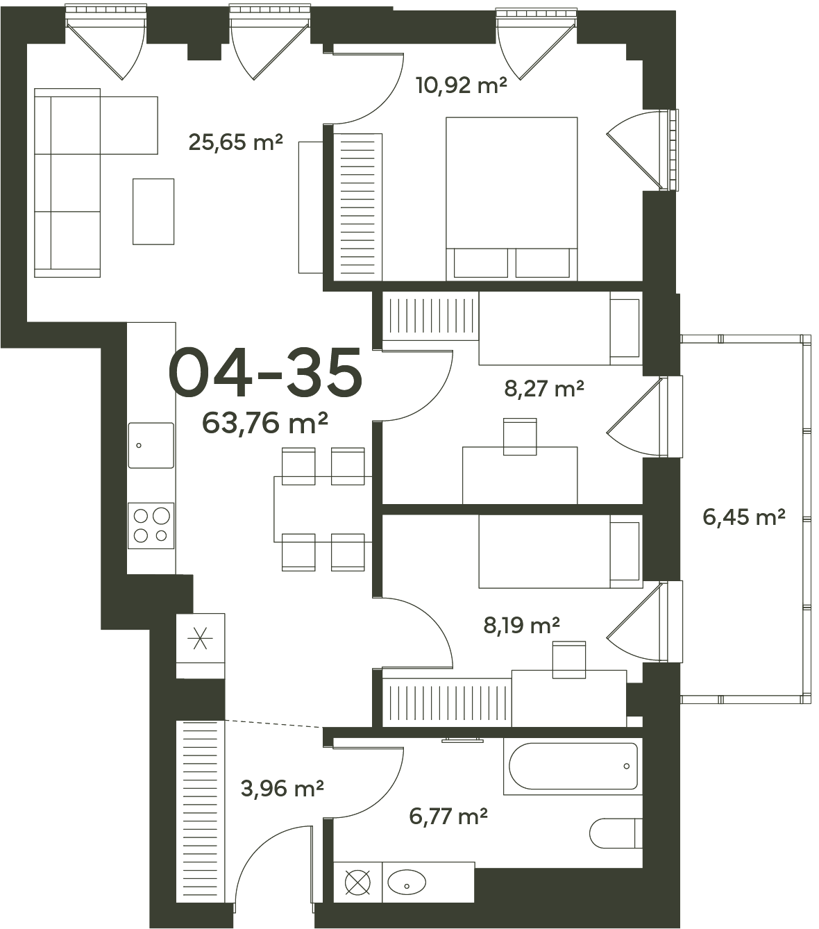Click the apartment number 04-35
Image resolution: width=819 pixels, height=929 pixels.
[265, 372]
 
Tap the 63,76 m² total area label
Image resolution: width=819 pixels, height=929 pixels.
[265, 423]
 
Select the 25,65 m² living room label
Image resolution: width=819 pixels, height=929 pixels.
[235, 142]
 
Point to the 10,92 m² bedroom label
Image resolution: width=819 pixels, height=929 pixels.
[462, 85]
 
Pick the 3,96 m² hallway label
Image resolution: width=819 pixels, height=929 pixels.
[282, 788]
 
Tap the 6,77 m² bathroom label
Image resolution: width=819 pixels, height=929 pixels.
[448, 817]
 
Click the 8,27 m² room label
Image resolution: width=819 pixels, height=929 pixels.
[544, 389]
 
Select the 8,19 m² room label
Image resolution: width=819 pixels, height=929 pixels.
[521, 625]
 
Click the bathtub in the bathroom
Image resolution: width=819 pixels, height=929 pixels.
[573, 767]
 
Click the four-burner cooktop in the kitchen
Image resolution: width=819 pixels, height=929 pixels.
[151, 526]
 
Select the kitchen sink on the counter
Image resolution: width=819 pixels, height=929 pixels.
[151, 445]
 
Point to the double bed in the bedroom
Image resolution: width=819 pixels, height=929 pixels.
[512, 199]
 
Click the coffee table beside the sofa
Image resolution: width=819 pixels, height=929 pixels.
[153, 211]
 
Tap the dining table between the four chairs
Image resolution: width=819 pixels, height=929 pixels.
[323, 510]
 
